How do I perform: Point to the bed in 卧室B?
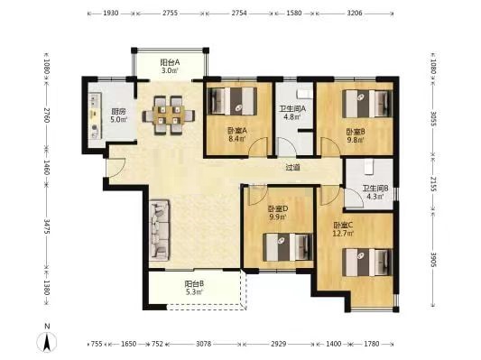coord(369,107)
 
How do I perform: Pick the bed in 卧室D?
coord(281,244)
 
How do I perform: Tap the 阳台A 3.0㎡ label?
coord(170,66)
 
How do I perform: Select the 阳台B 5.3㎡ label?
coord(193,289)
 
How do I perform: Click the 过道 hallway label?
coord(292,167)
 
